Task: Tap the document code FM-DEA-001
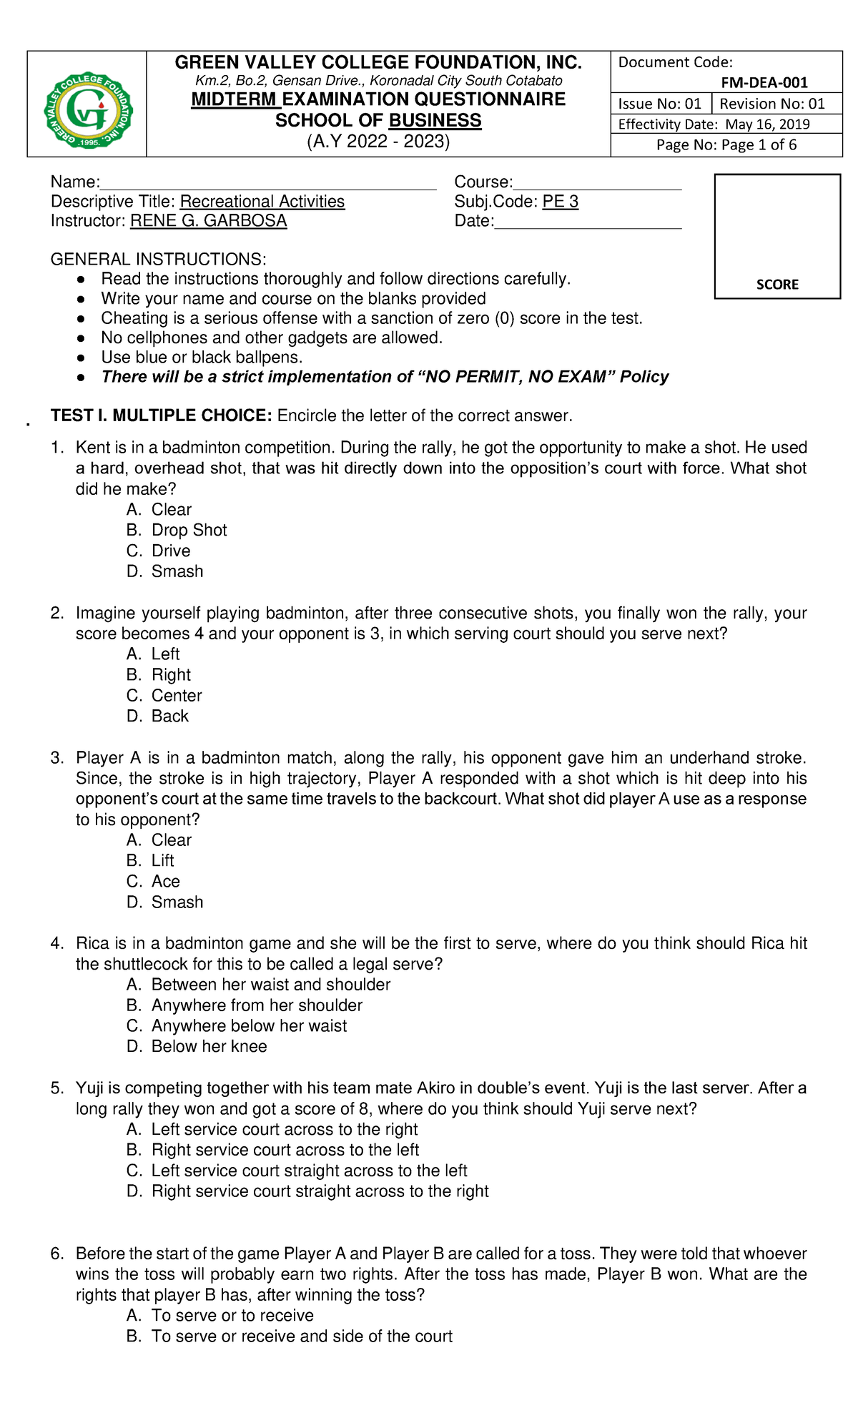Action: pyautogui.click(x=764, y=82)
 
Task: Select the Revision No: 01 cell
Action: pyautogui.click(x=772, y=104)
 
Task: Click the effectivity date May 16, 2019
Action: pyautogui.click(x=767, y=124)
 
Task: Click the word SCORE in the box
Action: pyautogui.click(x=777, y=284)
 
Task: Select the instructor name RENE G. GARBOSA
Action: pyautogui.click(x=208, y=221)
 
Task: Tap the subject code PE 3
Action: pyautogui.click(x=560, y=202)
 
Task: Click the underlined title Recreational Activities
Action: pyautogui.click(x=262, y=202)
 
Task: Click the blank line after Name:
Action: pyautogui.click(x=268, y=183)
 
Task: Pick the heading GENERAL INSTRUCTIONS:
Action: pyautogui.click(x=158, y=259)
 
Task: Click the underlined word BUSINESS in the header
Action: pyautogui.click(x=435, y=121)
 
